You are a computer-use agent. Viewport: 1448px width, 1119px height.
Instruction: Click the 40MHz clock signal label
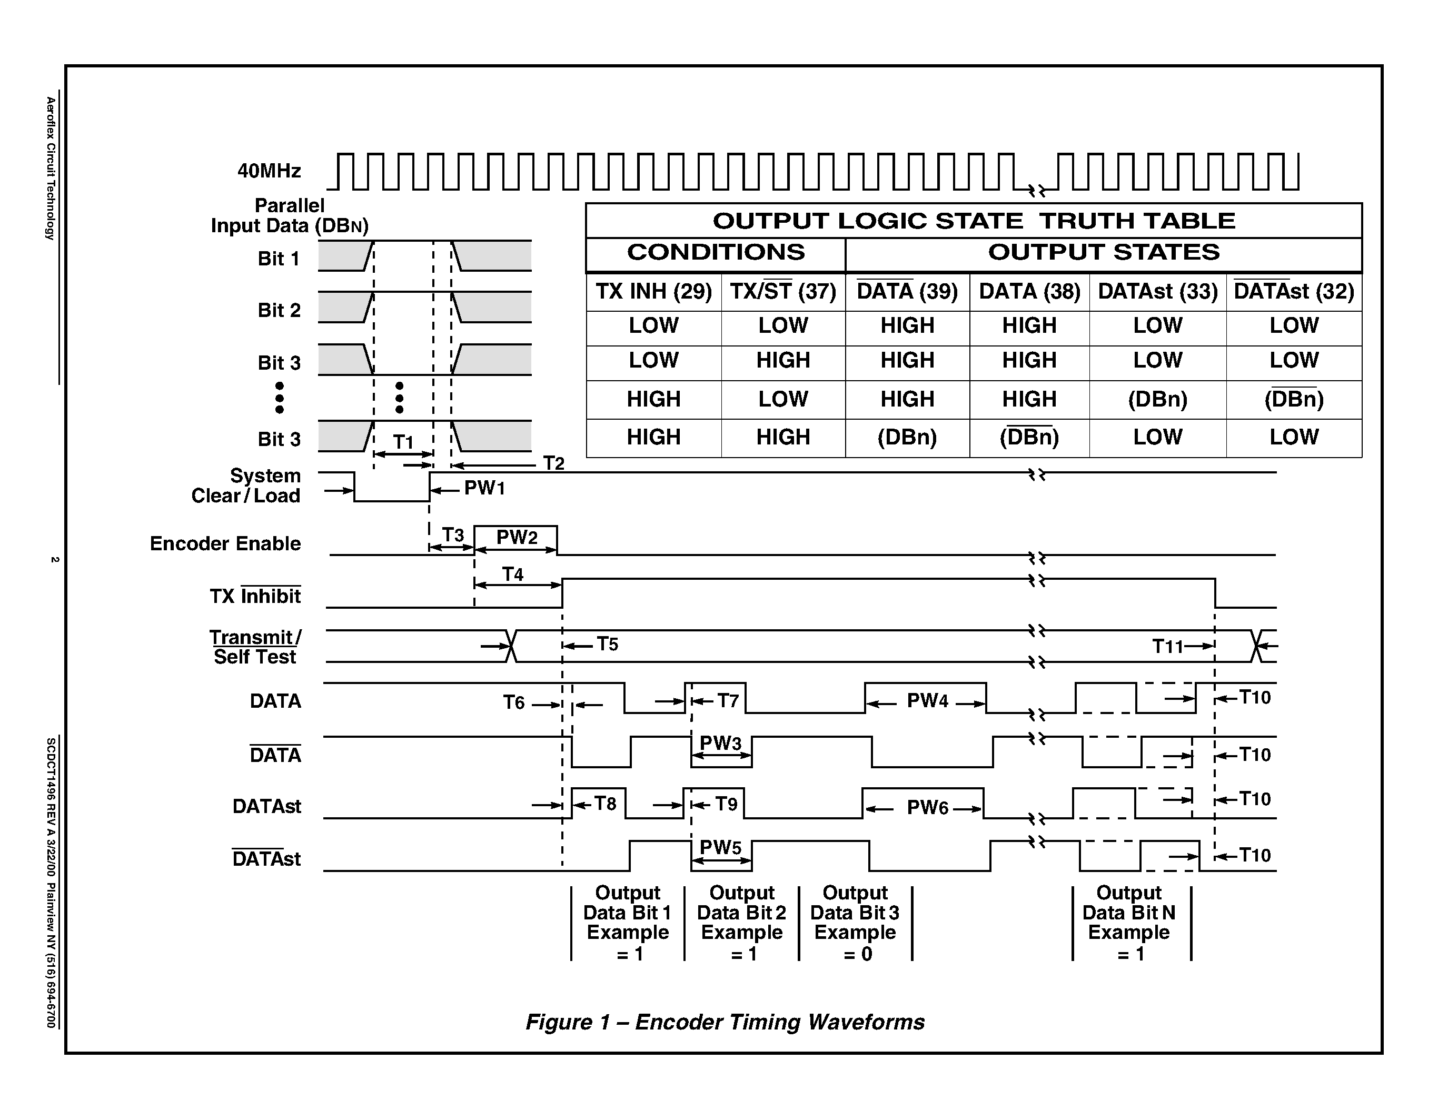pos(269,171)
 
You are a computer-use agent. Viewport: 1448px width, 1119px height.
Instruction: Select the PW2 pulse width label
pos(517,537)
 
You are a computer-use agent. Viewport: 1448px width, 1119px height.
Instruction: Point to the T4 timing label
pos(512,574)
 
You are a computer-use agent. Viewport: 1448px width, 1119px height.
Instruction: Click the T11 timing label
pos(1167,646)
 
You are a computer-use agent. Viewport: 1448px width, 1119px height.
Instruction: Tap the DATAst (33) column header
pos(1157,292)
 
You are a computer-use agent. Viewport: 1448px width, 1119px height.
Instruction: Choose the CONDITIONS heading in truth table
pos(716,253)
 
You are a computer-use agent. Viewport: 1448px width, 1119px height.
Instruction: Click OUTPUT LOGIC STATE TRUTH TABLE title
pos(973,221)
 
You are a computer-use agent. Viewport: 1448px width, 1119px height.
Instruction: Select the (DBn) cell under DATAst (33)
pos(1157,399)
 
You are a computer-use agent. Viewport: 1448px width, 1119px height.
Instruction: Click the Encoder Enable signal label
pos(225,543)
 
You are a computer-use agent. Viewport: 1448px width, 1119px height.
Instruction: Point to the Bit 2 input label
pos(279,310)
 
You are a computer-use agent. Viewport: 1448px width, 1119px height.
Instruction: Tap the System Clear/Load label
pos(246,486)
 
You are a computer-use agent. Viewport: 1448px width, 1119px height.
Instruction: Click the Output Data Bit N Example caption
pos(1129,922)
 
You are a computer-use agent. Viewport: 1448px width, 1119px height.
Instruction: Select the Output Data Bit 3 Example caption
pos(855,922)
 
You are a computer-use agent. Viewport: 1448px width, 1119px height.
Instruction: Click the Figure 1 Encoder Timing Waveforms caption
pos(725,1022)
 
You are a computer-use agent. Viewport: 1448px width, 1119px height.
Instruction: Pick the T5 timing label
pos(607,645)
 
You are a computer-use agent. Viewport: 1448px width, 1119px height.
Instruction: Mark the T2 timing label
pos(553,463)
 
